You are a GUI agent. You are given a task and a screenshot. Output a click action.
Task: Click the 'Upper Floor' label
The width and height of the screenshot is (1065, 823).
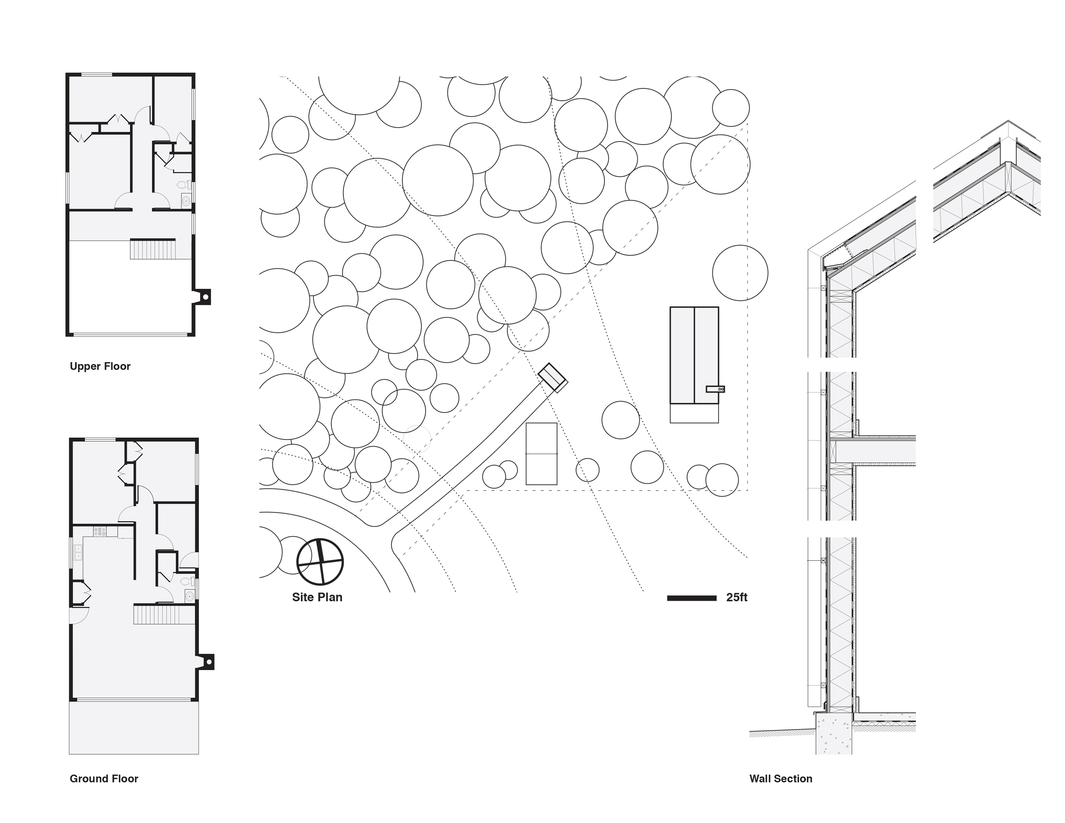coord(100,366)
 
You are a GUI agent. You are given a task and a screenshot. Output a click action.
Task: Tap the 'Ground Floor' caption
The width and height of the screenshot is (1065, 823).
coord(104,779)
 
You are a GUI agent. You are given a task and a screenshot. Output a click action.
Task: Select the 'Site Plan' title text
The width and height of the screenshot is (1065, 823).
coord(317,597)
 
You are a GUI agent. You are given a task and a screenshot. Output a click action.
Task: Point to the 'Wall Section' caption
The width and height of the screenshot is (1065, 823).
coord(781,779)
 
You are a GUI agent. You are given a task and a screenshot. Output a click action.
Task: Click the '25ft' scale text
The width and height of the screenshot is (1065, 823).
coord(736,598)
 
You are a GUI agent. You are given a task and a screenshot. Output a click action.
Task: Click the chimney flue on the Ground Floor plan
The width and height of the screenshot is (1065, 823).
coord(209,662)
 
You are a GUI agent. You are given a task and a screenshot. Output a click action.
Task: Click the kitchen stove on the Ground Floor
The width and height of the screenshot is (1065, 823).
coord(100,532)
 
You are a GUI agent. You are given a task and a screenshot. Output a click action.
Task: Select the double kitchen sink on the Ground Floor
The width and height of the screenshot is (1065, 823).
coord(78,553)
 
